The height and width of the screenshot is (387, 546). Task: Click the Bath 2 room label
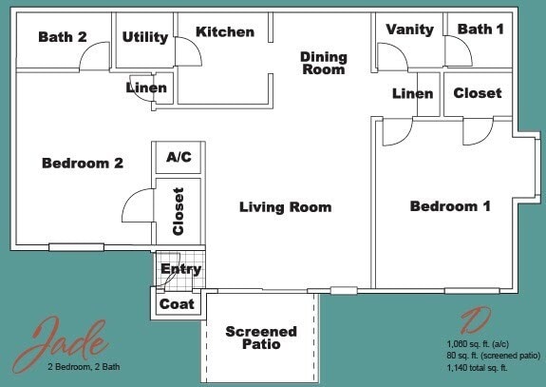[x=63, y=37]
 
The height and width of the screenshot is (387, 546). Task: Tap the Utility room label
[x=145, y=37]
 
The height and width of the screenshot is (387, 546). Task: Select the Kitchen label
[x=225, y=32]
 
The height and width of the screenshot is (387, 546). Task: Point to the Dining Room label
[x=324, y=63]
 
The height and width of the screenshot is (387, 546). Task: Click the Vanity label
[x=410, y=29]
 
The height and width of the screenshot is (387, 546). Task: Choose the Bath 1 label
[x=480, y=29]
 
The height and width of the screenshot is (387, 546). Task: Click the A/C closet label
[x=179, y=157]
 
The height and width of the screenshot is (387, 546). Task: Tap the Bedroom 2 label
[x=83, y=164]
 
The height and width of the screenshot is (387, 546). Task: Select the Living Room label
[x=285, y=207]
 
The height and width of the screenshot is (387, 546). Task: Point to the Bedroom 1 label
[x=450, y=206]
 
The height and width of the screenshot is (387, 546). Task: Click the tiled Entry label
[x=180, y=269]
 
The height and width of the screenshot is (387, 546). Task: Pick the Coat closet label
[x=177, y=304]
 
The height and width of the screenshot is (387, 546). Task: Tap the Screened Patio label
[x=261, y=338]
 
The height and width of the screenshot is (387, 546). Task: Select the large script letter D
[x=475, y=321]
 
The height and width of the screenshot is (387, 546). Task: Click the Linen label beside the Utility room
[x=146, y=88]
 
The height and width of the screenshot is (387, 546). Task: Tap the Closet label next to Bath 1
[x=478, y=93]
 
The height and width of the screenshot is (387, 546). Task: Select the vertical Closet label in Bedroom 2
[x=179, y=211]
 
